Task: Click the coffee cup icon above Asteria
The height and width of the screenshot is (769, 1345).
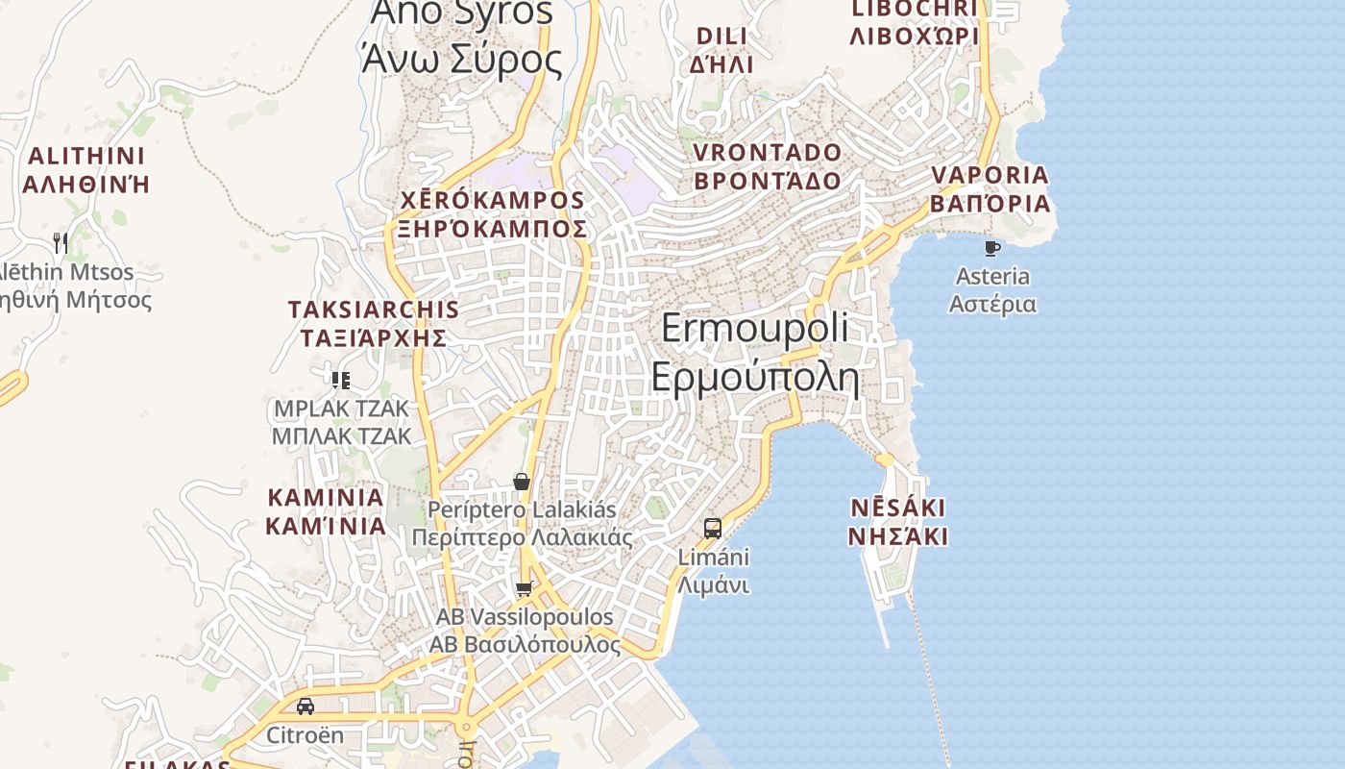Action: pyautogui.click(x=992, y=248)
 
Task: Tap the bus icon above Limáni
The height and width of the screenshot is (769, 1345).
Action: pyautogui.click(x=713, y=528)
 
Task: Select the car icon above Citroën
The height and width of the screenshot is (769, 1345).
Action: pyautogui.click(x=306, y=707)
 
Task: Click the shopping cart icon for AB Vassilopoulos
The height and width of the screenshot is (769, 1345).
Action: pyautogui.click(x=524, y=588)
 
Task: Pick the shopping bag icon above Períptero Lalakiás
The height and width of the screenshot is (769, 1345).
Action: pyautogui.click(x=522, y=481)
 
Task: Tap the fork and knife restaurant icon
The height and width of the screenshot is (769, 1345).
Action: pyautogui.click(x=61, y=242)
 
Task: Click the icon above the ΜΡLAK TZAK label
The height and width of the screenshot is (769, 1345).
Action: pyautogui.click(x=340, y=381)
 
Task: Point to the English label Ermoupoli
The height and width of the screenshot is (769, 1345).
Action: pyautogui.click(x=755, y=329)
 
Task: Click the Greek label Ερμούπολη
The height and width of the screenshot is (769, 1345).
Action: pyautogui.click(x=755, y=378)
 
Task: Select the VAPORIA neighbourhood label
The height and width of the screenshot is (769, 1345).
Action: pyautogui.click(x=990, y=176)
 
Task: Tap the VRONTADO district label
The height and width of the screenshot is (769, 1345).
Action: pyautogui.click(x=767, y=153)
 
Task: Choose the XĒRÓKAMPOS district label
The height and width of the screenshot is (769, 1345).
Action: pyautogui.click(x=492, y=201)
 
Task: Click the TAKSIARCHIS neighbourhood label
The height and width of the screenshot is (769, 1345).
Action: pyautogui.click(x=374, y=310)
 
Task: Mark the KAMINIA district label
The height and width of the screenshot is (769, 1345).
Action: pyautogui.click(x=326, y=498)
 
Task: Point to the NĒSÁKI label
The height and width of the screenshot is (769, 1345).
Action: pyautogui.click(x=897, y=508)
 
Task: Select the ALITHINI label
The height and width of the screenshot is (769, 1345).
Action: pyautogui.click(x=86, y=156)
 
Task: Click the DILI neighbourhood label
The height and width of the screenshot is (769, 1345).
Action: pyautogui.click(x=721, y=37)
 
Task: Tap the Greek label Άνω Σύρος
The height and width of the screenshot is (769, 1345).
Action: pyautogui.click(x=461, y=60)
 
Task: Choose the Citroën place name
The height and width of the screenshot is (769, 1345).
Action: pyautogui.click(x=305, y=735)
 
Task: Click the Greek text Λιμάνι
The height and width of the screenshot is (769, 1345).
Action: pyautogui.click(x=713, y=584)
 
